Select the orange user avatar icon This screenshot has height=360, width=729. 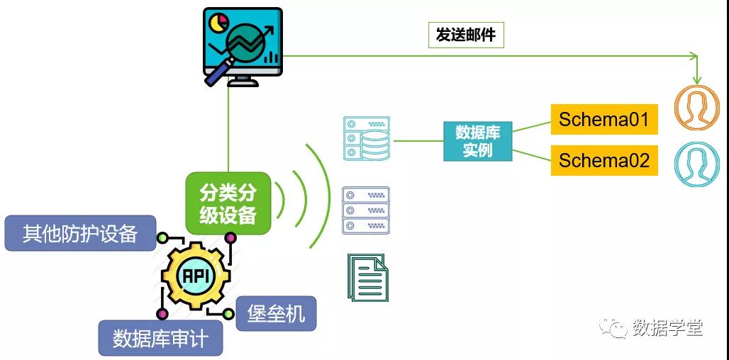[x=696, y=108]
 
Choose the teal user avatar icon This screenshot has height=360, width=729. [x=696, y=164]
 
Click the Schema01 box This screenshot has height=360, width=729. [x=604, y=119]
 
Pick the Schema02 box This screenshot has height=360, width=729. [x=604, y=161]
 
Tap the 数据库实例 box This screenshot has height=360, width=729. [x=478, y=141]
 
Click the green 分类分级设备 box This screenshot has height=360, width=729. [x=228, y=203]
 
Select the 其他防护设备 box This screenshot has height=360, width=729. [x=79, y=233]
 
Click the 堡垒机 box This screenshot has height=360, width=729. [x=276, y=313]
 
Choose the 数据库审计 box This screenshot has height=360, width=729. [x=160, y=338]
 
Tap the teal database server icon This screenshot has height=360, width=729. [x=366, y=139]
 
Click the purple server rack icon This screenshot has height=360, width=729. [x=366, y=210]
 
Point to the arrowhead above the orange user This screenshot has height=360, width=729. [x=697, y=79]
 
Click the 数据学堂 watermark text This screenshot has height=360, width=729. [x=667, y=327]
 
